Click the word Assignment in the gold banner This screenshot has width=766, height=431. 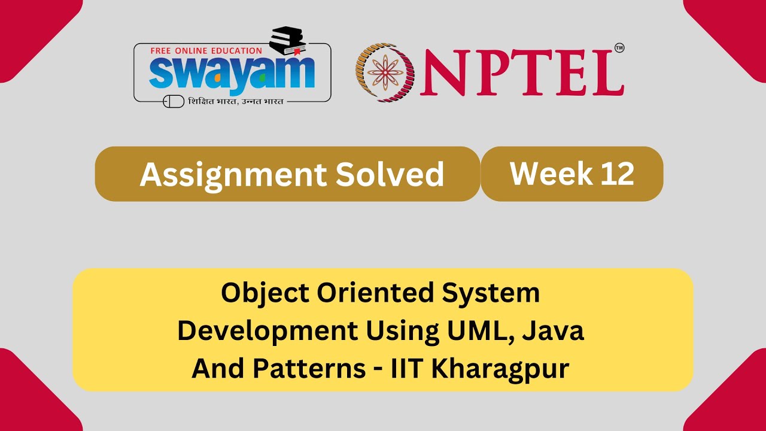click(231, 174)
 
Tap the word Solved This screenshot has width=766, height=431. click(390, 174)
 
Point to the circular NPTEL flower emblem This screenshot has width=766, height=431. click(385, 72)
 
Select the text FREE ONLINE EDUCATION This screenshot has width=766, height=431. click(206, 51)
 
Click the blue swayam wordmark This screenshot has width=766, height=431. click(232, 73)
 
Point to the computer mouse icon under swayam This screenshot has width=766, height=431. click(174, 101)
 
